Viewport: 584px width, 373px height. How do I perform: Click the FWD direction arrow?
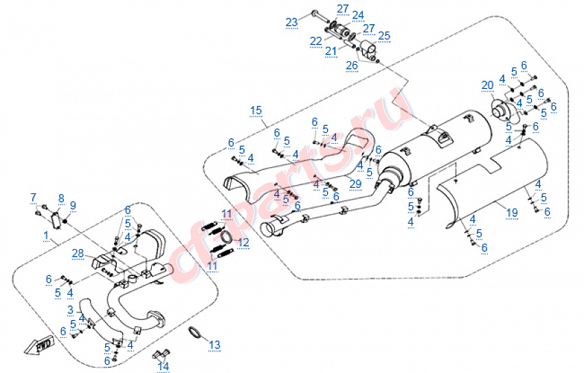coord(39,346)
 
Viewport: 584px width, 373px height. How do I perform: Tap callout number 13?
coord(214,345)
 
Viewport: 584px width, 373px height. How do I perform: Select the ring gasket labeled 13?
coord(194,332)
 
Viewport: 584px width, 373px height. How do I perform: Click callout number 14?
coord(164,366)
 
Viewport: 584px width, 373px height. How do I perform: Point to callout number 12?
coord(243,242)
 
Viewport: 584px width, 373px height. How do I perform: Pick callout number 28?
coord(78,254)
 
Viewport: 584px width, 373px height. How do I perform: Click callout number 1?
coord(46,236)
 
